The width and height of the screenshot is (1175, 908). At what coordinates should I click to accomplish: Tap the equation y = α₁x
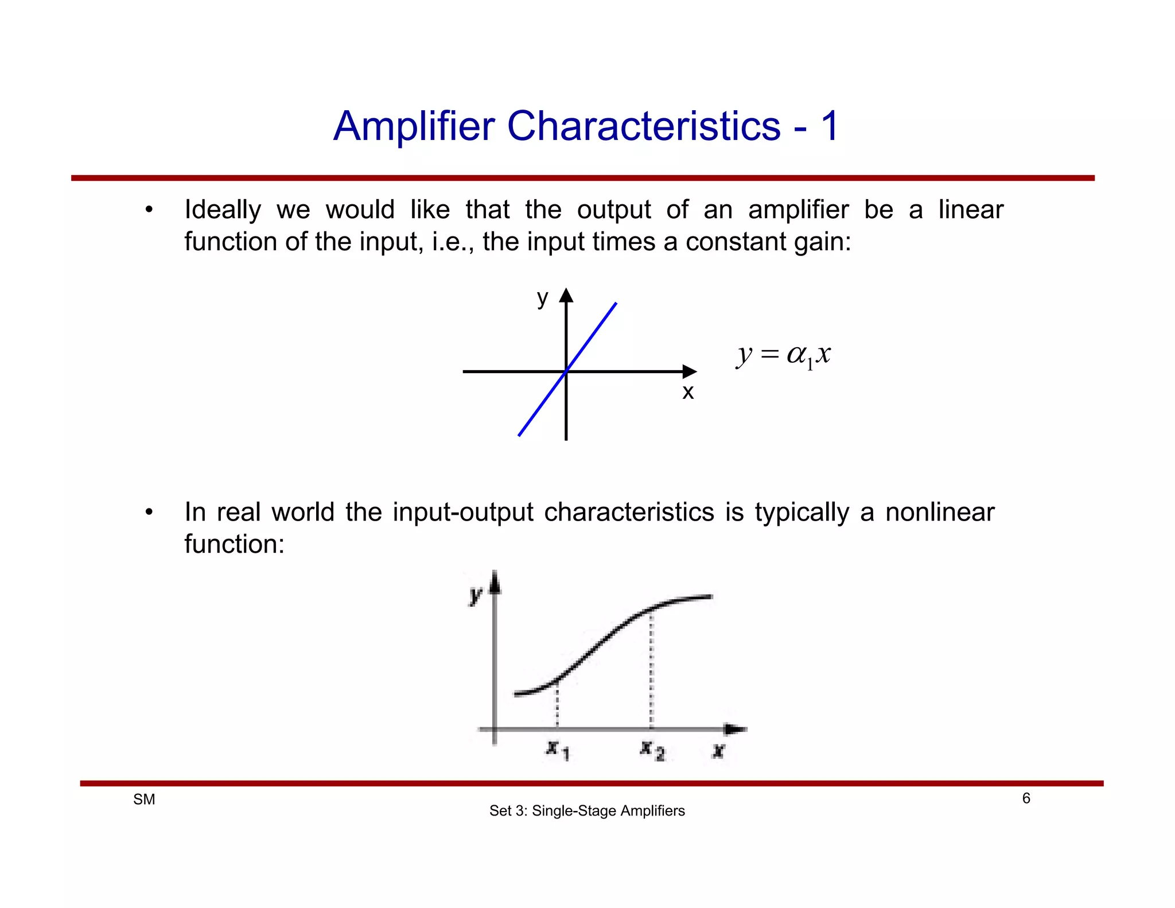(784, 355)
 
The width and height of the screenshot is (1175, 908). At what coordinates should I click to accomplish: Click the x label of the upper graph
(688, 392)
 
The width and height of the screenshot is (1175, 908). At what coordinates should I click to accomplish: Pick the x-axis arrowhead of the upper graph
(690, 371)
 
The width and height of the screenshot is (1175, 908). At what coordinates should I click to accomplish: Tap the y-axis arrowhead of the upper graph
(566, 295)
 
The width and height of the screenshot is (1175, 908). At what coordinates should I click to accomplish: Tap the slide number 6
(1026, 798)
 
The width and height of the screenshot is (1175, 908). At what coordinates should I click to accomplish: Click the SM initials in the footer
(144, 800)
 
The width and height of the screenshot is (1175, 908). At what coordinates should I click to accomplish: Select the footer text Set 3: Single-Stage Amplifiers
(587, 811)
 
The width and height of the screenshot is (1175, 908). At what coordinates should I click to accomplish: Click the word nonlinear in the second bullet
(939, 512)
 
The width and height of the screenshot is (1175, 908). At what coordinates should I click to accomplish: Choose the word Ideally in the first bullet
(223, 210)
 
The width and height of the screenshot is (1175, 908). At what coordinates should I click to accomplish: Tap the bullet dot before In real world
(149, 512)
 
